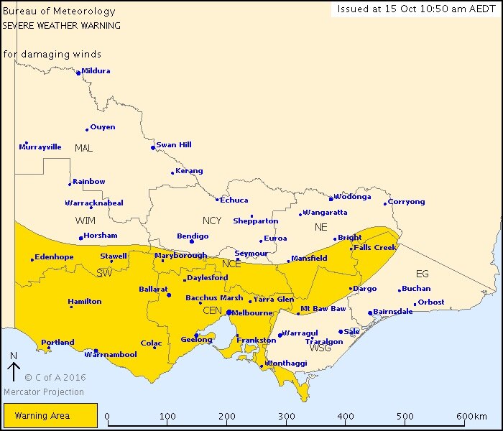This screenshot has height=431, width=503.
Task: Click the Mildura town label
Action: (x=96, y=71)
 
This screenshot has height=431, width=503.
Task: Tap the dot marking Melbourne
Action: (x=228, y=312)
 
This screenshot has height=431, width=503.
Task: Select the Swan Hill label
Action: (x=174, y=145)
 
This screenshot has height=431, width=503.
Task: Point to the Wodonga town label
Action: (x=353, y=197)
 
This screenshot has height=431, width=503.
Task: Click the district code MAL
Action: (x=84, y=148)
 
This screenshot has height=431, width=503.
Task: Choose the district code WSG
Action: (x=320, y=348)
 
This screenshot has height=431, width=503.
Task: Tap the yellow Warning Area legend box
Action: (x=50, y=415)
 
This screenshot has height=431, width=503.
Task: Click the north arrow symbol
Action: (x=14, y=371)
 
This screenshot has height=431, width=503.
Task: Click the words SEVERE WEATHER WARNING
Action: (x=61, y=25)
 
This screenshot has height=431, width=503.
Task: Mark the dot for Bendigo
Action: (x=191, y=241)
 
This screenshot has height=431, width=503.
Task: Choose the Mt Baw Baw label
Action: (x=323, y=309)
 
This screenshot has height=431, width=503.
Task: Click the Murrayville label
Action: (x=40, y=147)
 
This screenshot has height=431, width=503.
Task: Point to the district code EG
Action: (x=422, y=273)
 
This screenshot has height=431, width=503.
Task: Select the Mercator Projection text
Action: (x=44, y=392)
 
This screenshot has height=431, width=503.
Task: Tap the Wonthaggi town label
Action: (x=289, y=364)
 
